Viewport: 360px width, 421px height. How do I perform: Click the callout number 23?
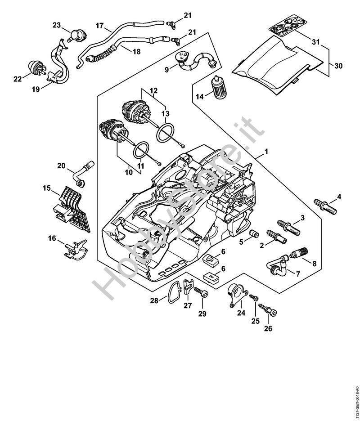click(56, 25)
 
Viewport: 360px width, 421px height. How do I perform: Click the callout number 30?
click(338, 65)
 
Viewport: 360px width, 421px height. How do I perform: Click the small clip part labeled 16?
click(74, 250)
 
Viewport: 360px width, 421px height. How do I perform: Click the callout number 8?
click(314, 264)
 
